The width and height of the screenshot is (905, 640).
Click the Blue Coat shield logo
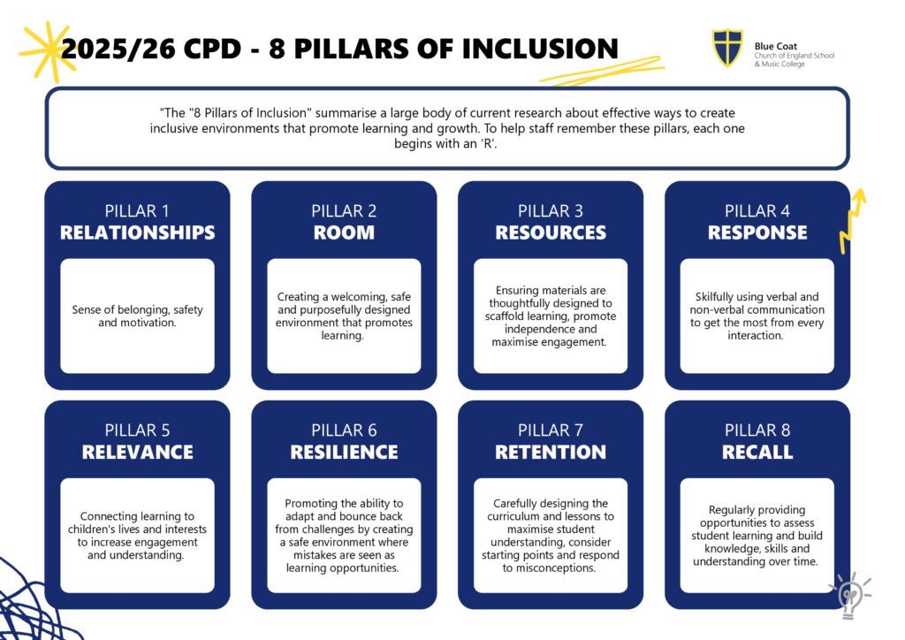tap(727, 49)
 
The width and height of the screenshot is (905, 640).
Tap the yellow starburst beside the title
tap(48, 52)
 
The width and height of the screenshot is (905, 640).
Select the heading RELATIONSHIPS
tap(137, 232)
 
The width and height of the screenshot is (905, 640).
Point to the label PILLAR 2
tap(344, 211)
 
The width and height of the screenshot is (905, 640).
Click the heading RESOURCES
tap(551, 232)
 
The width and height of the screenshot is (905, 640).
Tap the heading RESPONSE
tap(757, 232)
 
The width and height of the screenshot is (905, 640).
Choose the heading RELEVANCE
tap(137, 452)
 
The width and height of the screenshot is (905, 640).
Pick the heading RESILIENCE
tap(344, 452)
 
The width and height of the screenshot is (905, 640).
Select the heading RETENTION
tap(551, 452)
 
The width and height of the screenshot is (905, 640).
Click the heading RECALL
tap(757, 452)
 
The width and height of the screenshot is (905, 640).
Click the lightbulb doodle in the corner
tap(849, 595)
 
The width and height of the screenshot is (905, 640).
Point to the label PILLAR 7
tap(551, 430)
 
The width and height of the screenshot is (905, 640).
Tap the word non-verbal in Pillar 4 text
tap(715, 310)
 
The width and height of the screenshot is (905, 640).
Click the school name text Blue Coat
tap(775, 46)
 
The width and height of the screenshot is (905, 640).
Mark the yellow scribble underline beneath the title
tap(601, 72)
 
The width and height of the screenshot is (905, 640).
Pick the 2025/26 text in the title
tap(118, 49)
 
